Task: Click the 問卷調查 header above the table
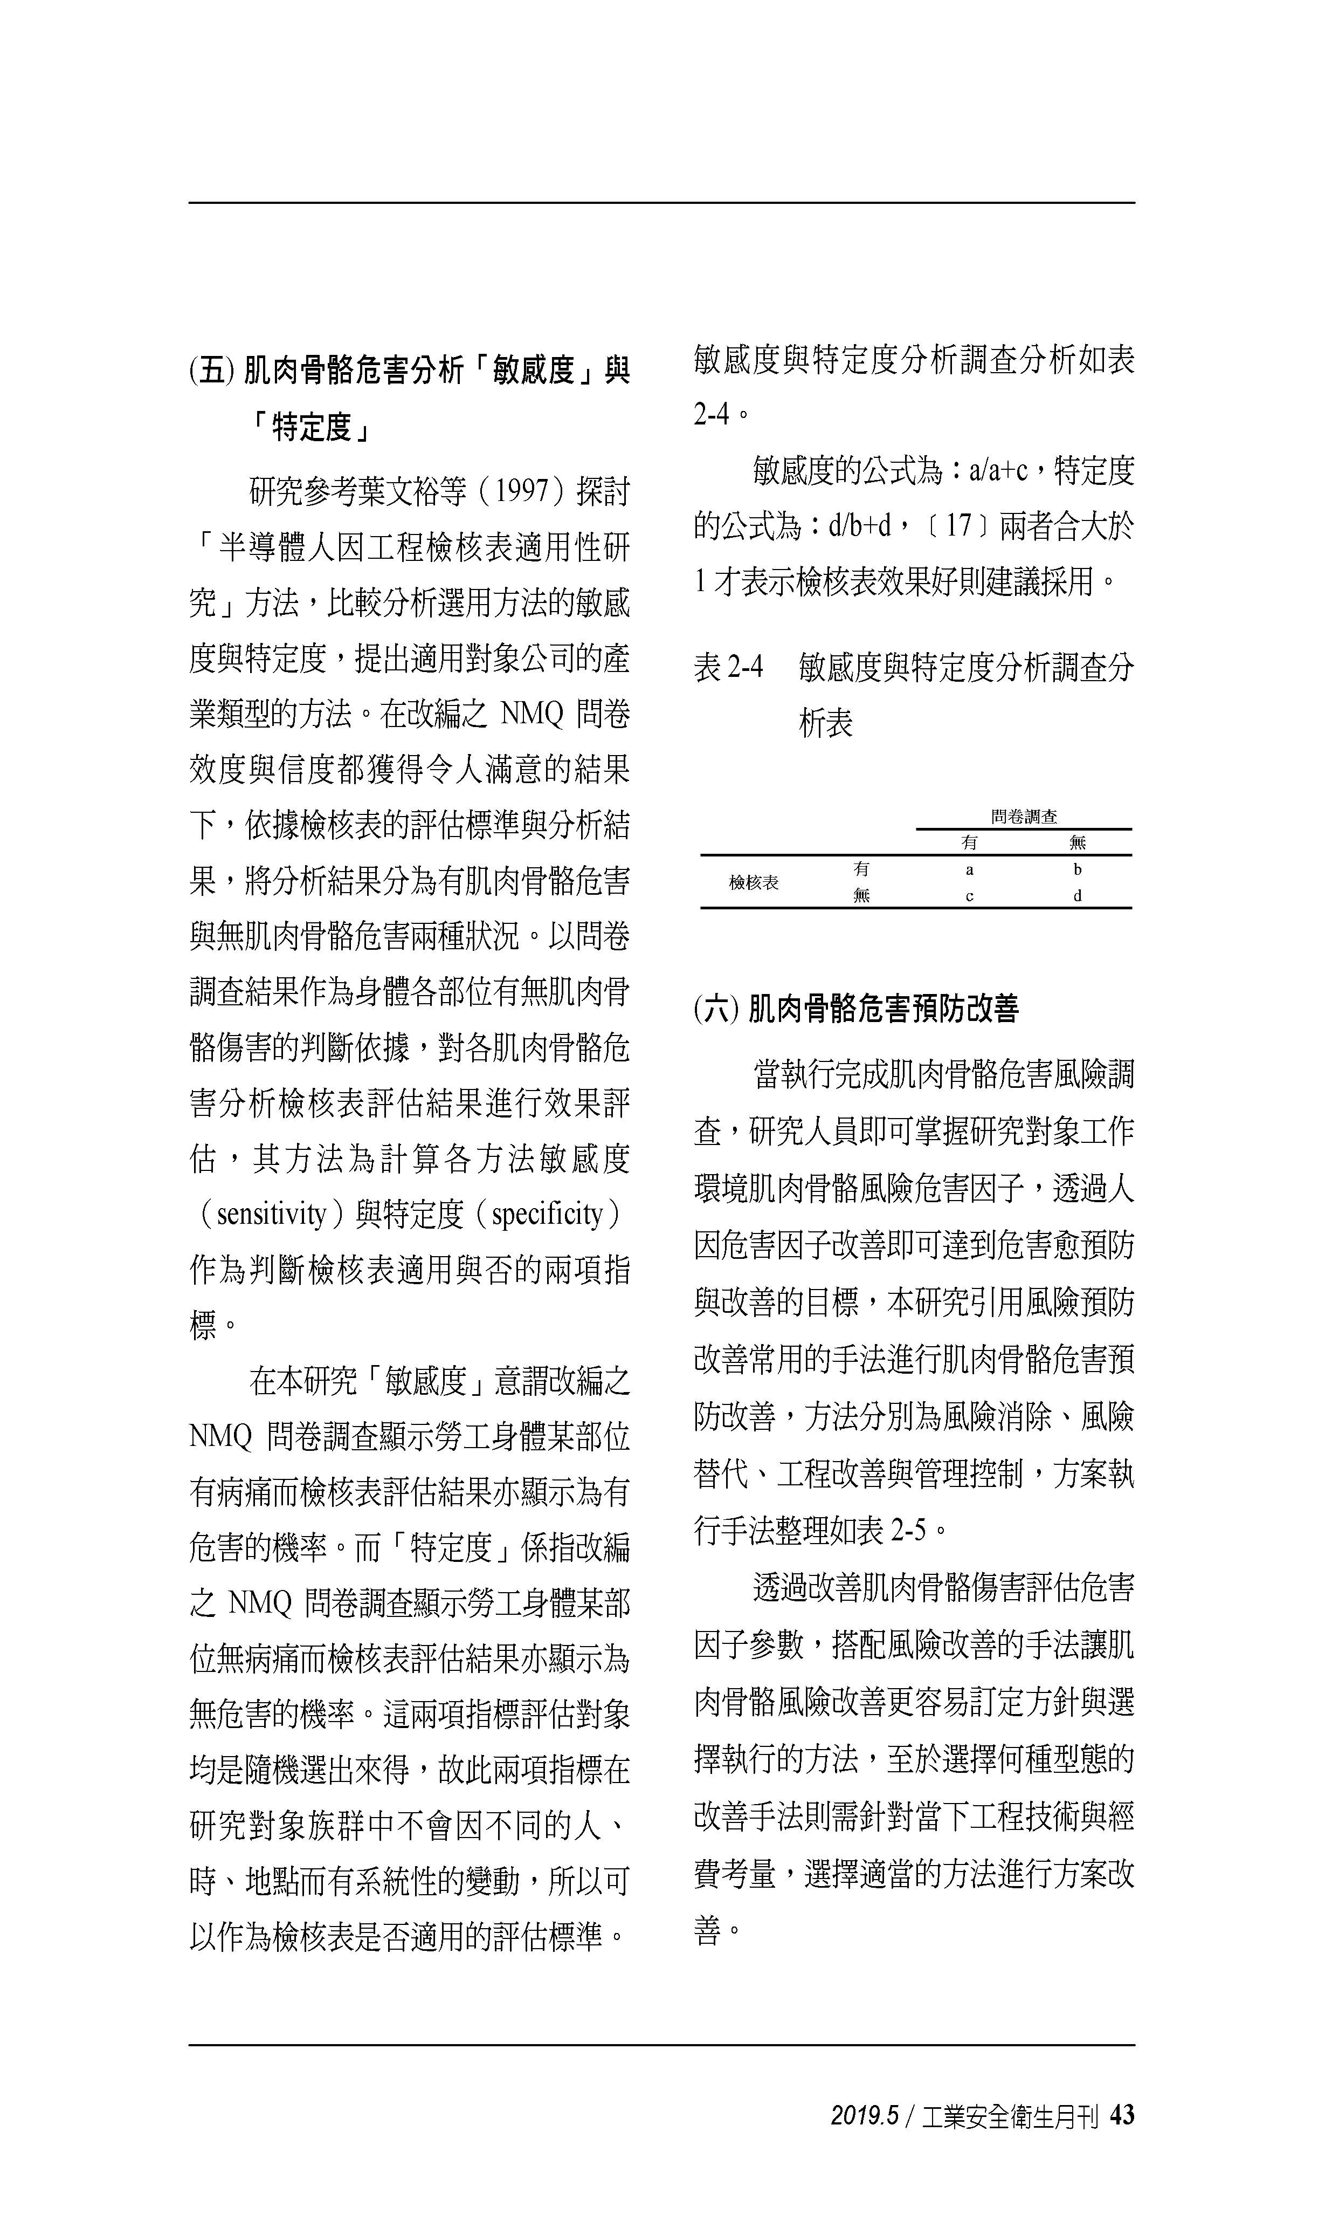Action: [1024, 816]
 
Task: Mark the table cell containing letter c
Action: [969, 896]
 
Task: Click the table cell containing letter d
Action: [1077, 896]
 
